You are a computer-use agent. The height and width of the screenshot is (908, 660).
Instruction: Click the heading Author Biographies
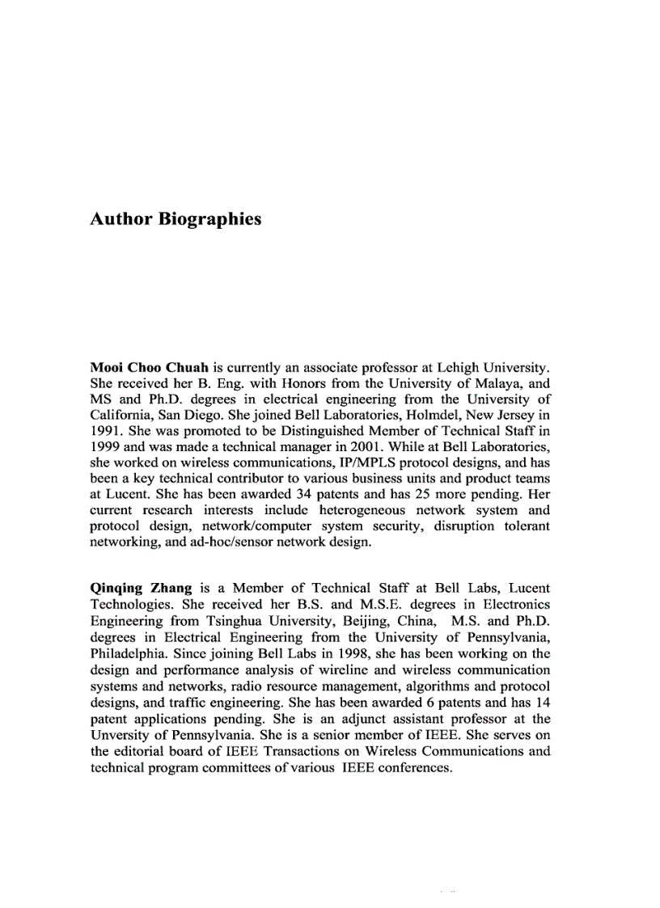coord(176,220)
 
